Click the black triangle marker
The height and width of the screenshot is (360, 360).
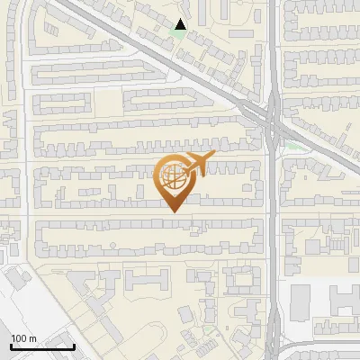tap(181, 25)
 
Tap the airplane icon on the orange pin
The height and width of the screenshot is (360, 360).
tap(196, 163)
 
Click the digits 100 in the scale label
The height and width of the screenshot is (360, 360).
tap(19, 338)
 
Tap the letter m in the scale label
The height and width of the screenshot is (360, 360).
tap(32, 338)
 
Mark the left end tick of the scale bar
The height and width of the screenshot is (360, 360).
tap(12, 346)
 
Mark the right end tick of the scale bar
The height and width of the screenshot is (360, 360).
tap(74, 346)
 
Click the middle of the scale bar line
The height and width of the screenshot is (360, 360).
tap(42, 346)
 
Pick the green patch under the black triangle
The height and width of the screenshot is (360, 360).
tap(180, 38)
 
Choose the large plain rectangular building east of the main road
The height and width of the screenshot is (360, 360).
tap(300, 301)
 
